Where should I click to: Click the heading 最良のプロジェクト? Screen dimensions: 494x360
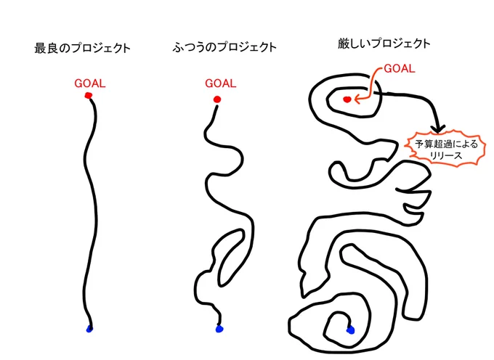[82, 49]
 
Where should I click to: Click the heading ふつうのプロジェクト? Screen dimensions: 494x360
[224, 47]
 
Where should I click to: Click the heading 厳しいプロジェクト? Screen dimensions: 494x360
[384, 44]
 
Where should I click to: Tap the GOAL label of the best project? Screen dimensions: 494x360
[90, 83]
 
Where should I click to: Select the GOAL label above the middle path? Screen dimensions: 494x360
[221, 83]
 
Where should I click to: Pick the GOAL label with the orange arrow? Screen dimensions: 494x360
[399, 69]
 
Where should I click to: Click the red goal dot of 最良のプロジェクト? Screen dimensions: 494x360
[89, 95]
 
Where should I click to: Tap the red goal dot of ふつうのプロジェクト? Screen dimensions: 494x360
[217, 99]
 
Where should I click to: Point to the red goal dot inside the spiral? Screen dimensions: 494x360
[347, 99]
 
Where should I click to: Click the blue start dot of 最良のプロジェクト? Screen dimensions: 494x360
[89, 330]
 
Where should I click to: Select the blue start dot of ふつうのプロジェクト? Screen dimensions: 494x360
[219, 329]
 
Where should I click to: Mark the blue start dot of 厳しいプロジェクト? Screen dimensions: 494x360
[350, 330]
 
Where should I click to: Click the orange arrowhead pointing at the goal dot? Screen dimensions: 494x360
[357, 99]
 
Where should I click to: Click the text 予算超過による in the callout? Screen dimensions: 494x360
[446, 144]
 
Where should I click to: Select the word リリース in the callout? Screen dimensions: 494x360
[445, 155]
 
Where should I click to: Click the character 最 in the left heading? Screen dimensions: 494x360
[40, 49]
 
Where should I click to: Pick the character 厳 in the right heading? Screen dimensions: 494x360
[344, 44]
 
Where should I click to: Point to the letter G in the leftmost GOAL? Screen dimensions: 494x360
[78, 83]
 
